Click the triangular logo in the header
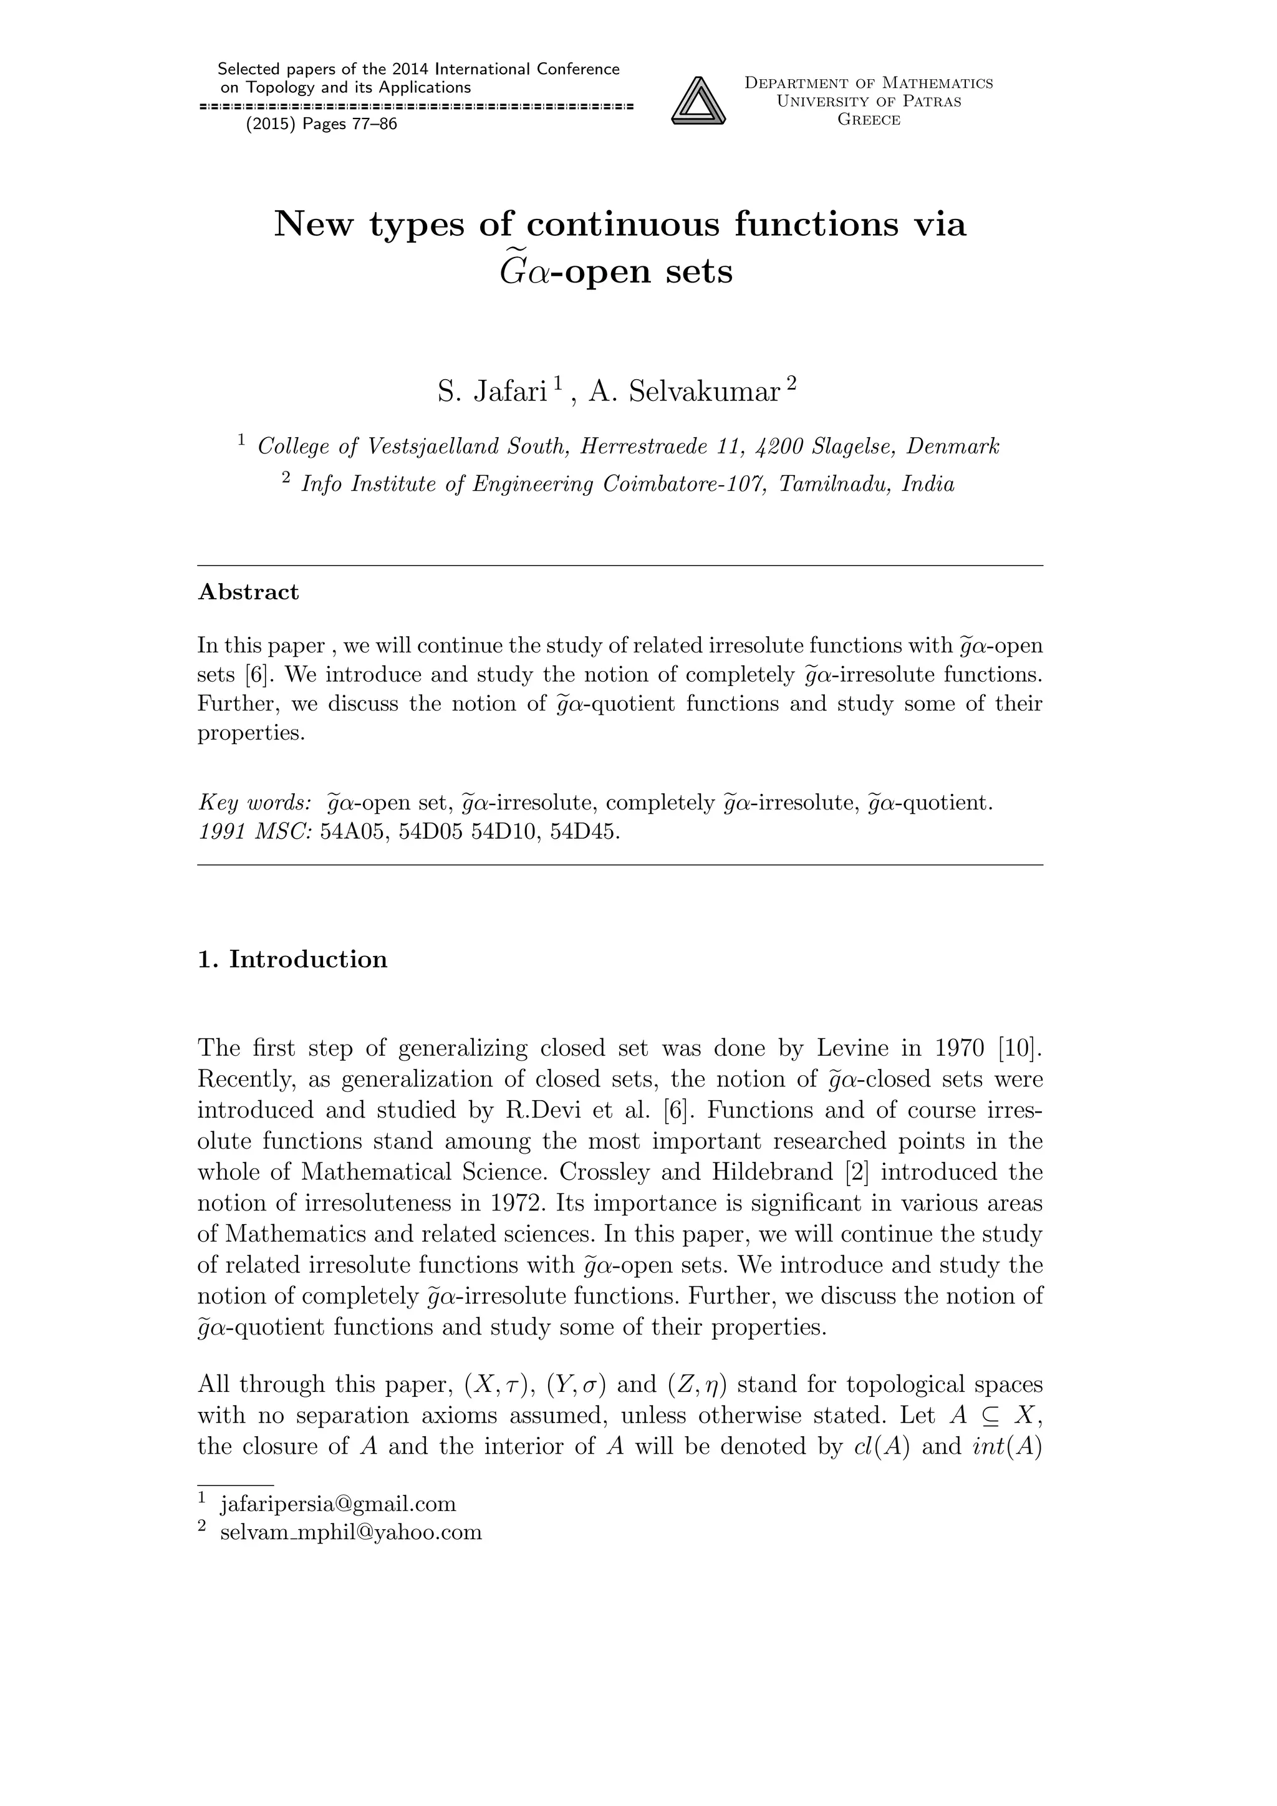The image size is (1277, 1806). tap(698, 100)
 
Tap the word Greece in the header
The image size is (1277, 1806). tap(868, 120)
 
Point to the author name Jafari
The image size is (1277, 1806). tap(509, 392)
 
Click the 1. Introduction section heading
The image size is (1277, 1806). tap(292, 960)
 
